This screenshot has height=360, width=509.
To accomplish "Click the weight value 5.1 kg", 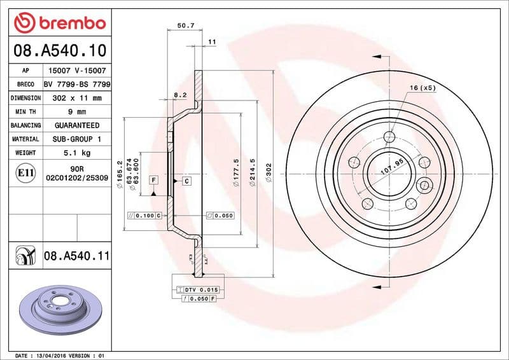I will pyautogui.click(x=76, y=153).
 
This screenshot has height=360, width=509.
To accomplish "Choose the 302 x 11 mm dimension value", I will pyautogui.click(x=76, y=98).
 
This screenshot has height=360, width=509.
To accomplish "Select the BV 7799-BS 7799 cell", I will pyautogui.click(x=77, y=84).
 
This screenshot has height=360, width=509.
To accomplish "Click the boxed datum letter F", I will pyautogui.click(x=154, y=180).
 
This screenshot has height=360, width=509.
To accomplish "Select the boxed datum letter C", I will pyautogui.click(x=187, y=181).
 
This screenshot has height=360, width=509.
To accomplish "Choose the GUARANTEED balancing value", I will pyautogui.click(x=76, y=125).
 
